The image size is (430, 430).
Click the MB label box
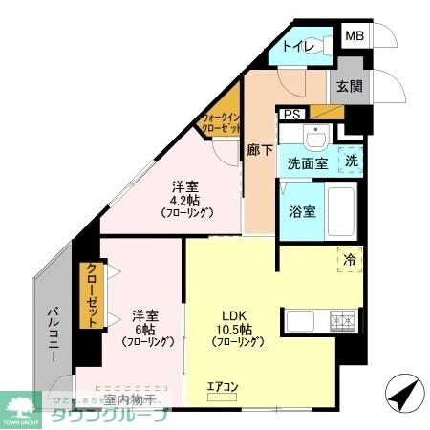point(355,35)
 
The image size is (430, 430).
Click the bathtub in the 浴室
point(340,212)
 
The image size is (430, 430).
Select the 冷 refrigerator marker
point(350,259)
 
